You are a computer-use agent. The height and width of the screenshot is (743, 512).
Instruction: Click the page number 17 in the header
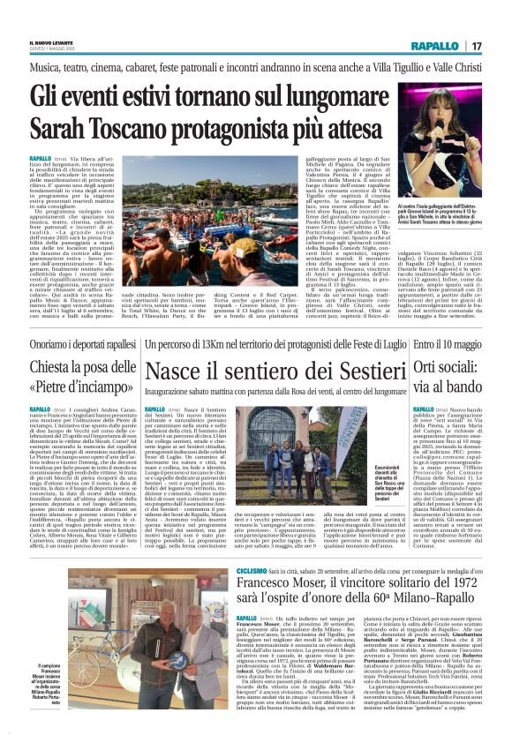coord(476,45)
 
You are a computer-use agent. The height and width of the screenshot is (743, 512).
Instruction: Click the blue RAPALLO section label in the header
coord(433,45)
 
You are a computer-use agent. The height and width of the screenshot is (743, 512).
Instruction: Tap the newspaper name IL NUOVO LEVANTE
coord(45,41)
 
